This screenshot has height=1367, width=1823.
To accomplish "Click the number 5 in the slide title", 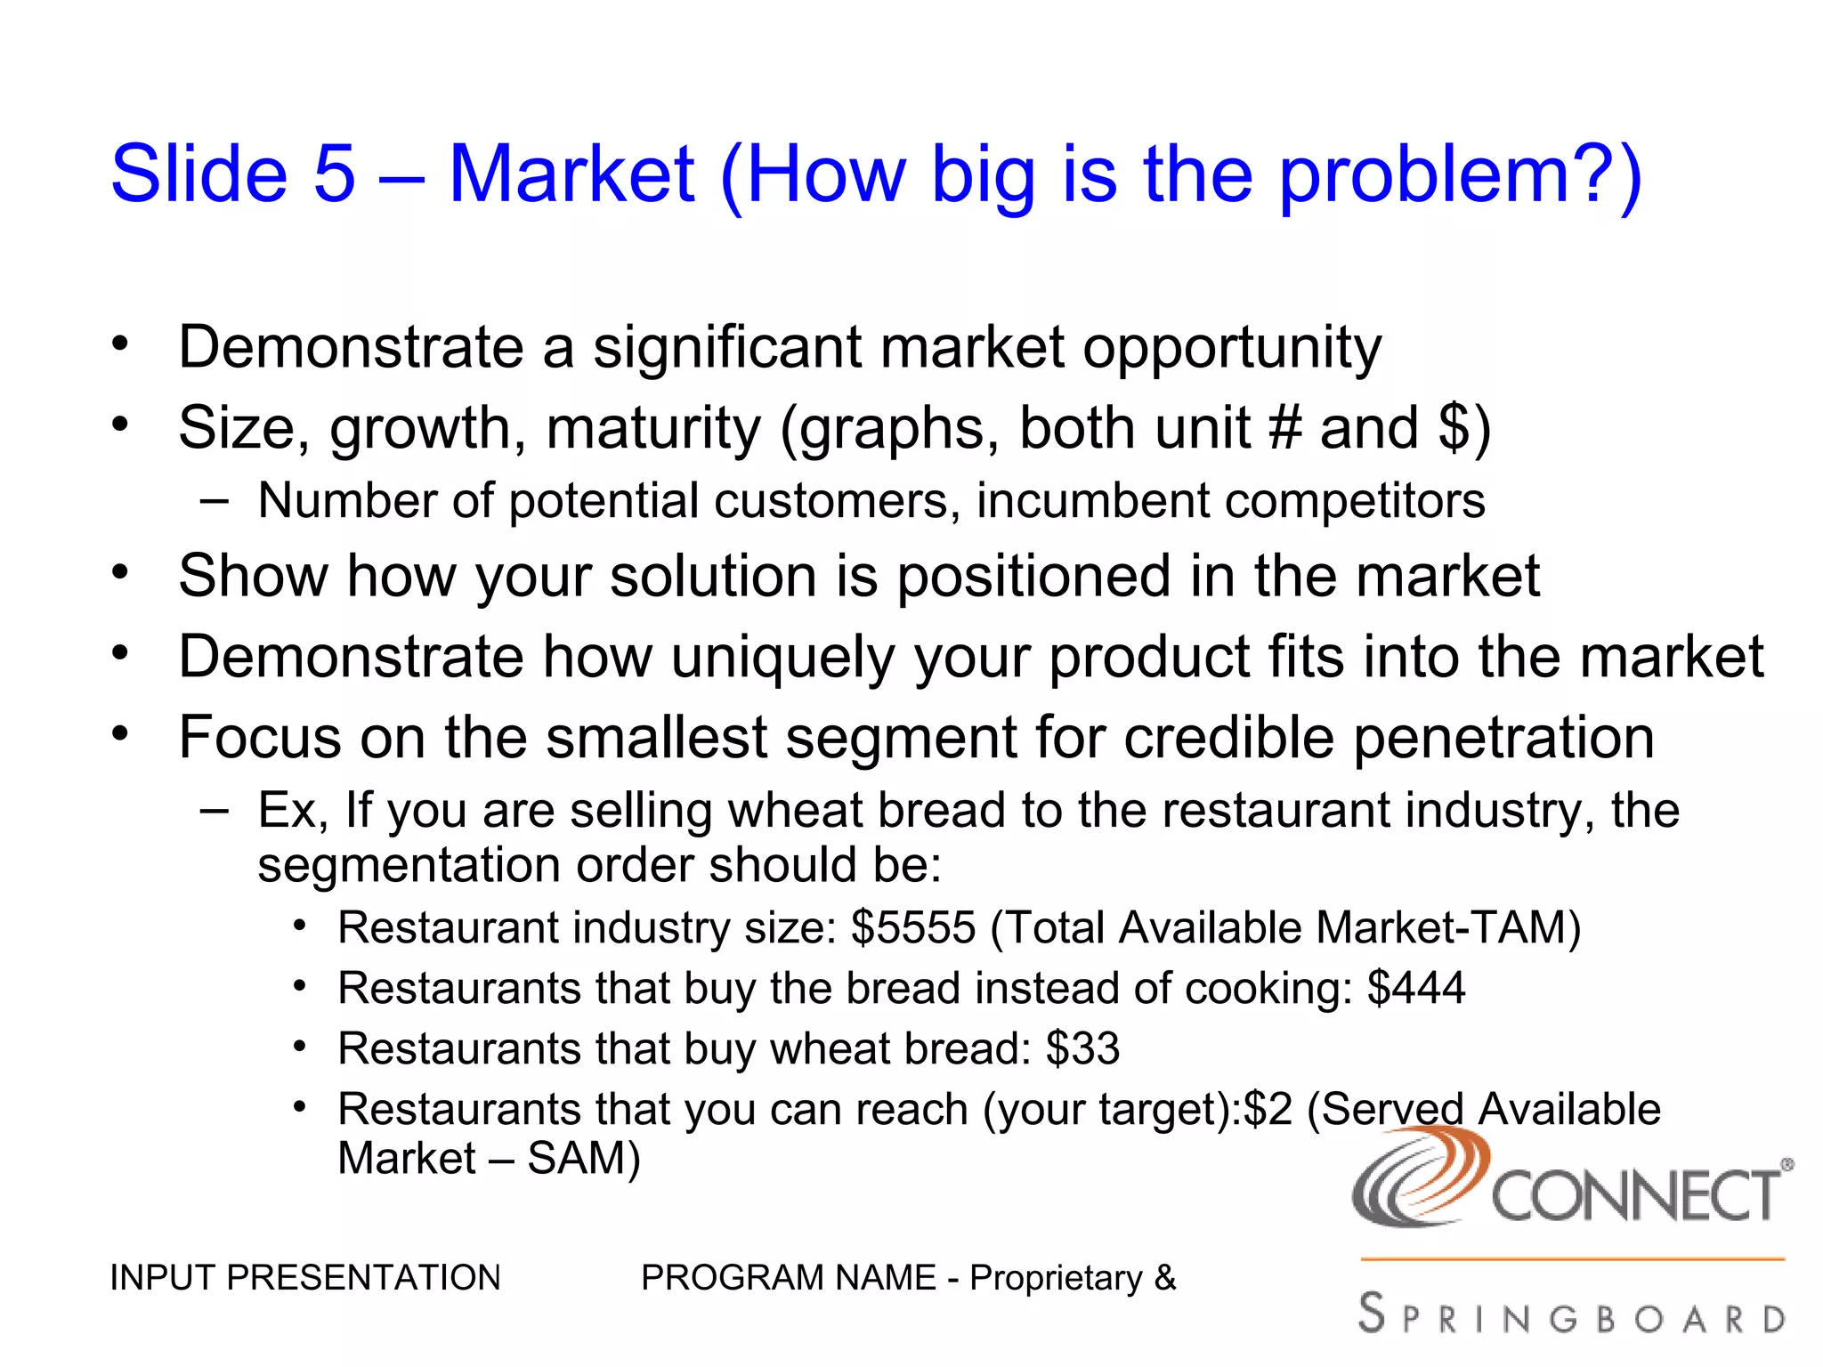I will (x=334, y=174).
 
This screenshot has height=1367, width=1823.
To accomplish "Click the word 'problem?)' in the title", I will (x=1460, y=176).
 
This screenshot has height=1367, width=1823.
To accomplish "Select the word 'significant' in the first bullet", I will (x=726, y=347).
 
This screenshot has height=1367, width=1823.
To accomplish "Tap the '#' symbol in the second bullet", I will (x=1284, y=428).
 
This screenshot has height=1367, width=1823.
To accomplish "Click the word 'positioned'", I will (x=1033, y=577).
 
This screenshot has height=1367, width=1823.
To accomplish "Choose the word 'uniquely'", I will (x=782, y=659).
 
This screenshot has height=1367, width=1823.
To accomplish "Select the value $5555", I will (x=912, y=927).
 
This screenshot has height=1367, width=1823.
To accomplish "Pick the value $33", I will (x=1082, y=1048).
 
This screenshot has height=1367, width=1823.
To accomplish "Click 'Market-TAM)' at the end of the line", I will (x=1448, y=927).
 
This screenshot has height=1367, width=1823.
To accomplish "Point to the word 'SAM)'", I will (x=584, y=1159).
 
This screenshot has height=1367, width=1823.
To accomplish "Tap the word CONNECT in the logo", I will (x=1636, y=1197).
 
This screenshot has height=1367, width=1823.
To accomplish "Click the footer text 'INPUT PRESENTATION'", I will (x=304, y=1278).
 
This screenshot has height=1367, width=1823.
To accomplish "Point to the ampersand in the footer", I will (x=1164, y=1278).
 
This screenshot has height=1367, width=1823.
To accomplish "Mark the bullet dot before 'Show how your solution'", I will (x=120, y=572).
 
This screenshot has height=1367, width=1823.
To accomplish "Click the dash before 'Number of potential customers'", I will (x=214, y=501).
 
